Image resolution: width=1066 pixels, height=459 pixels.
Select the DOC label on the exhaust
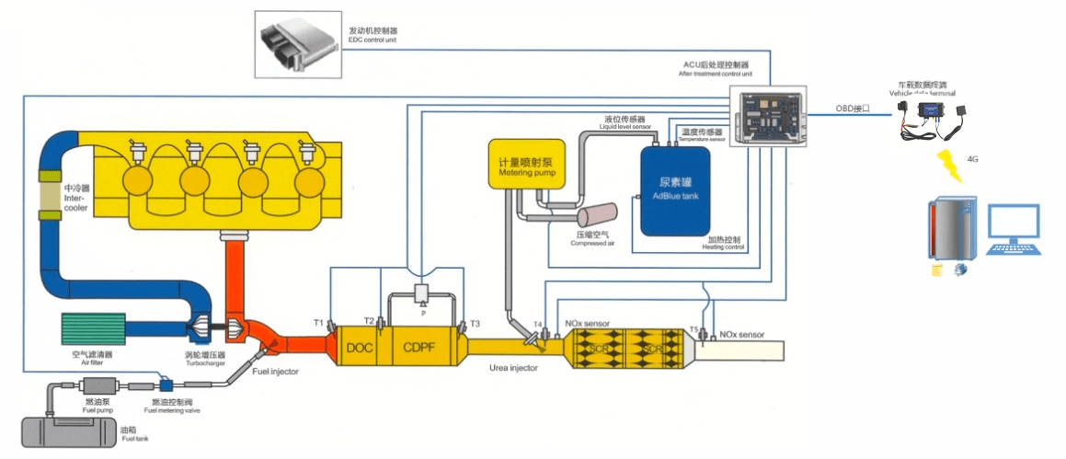click(x=361, y=347)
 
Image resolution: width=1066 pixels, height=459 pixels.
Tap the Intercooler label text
click(x=75, y=199)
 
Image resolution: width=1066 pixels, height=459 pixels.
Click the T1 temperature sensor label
click(x=318, y=323)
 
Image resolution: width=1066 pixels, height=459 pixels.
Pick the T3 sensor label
click(x=475, y=324)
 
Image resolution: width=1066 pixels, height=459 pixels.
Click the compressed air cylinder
click(x=595, y=217)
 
